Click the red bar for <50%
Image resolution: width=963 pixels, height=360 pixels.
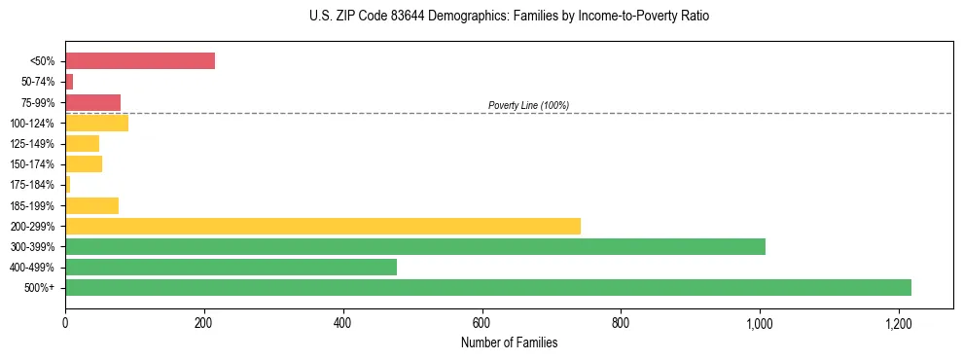[x=140, y=61]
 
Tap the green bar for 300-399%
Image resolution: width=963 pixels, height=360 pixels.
[x=415, y=246]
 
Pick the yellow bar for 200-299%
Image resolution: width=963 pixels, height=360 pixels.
[x=323, y=226]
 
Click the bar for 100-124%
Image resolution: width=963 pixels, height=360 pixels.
[x=96, y=123]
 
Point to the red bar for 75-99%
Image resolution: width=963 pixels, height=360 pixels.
[x=92, y=102]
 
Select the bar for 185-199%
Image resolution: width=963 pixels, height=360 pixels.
[x=91, y=205]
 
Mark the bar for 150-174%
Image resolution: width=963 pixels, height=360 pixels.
[x=84, y=164]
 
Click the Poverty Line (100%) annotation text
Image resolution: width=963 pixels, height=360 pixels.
[x=528, y=105]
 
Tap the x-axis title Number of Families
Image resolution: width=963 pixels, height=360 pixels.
[x=509, y=342]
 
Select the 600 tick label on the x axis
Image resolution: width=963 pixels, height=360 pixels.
[x=481, y=322]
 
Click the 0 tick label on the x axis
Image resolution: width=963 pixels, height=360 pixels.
[x=65, y=322]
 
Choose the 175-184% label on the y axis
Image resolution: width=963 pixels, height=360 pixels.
[x=33, y=185]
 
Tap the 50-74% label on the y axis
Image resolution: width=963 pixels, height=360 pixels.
[x=39, y=82]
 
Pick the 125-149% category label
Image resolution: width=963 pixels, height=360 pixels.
[x=33, y=144]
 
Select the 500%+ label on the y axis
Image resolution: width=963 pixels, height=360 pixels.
[x=41, y=288]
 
